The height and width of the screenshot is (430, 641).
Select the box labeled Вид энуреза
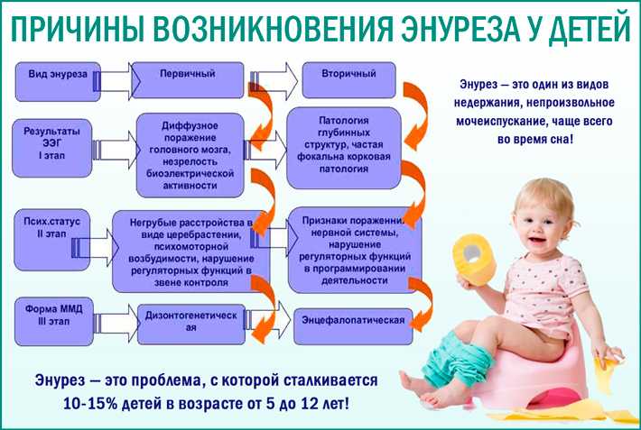(58, 82)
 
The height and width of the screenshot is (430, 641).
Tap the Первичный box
(188, 80)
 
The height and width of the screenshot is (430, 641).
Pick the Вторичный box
(348, 80)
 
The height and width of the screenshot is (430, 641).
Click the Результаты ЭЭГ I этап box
(52, 148)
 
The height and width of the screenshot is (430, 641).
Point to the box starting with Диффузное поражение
(190, 155)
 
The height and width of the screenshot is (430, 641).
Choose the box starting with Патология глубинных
(344, 148)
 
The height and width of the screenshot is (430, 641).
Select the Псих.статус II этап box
(52, 240)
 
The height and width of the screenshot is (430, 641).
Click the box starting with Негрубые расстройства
(190, 252)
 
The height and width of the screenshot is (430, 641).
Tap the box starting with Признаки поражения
(355, 250)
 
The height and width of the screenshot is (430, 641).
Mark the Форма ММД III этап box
(54, 322)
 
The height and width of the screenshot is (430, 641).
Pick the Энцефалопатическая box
(353, 326)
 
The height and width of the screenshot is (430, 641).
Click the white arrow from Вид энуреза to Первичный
(116, 81)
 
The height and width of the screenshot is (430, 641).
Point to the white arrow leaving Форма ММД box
(116, 323)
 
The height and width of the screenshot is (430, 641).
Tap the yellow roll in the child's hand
(474, 260)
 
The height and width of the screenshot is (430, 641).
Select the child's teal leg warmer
(456, 360)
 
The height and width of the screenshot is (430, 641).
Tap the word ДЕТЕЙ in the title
(589, 29)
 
